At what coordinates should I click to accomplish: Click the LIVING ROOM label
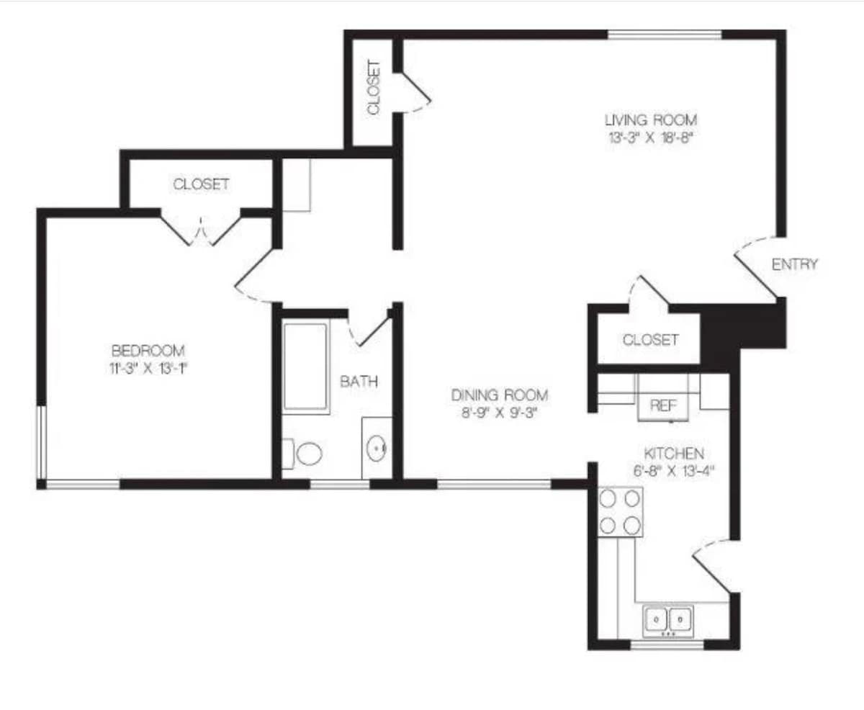(651, 120)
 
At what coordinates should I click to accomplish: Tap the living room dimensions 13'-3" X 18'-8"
(651, 138)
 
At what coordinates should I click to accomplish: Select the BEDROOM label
(148, 351)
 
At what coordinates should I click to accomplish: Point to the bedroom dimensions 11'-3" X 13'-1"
(148, 369)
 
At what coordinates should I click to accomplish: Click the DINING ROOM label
(500, 395)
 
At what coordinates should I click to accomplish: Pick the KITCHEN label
(674, 454)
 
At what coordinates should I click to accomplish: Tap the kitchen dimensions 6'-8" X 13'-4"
(674, 471)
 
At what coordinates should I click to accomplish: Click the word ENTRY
(794, 264)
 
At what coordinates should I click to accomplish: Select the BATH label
(359, 382)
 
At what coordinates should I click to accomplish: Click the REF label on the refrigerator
(663, 405)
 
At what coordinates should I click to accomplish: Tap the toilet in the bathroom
(302, 454)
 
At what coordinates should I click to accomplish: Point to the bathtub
(305, 367)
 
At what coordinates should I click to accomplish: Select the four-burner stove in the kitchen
(620, 512)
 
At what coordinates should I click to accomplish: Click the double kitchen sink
(668, 621)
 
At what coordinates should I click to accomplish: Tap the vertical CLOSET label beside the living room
(374, 87)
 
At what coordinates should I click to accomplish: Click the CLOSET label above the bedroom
(201, 184)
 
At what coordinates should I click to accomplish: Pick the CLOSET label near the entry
(651, 340)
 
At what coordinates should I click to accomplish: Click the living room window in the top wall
(664, 35)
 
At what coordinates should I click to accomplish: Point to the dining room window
(494, 485)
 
